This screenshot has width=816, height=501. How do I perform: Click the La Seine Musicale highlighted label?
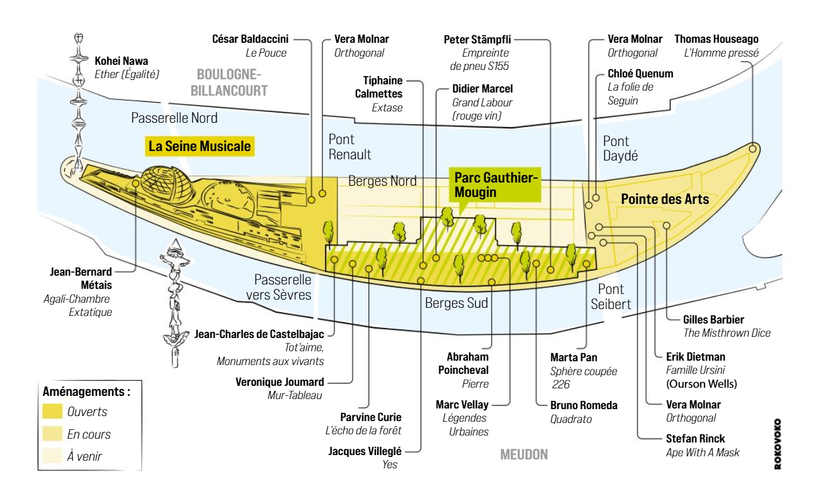coord(199,147)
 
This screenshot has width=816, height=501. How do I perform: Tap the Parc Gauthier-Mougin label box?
coord(496,184)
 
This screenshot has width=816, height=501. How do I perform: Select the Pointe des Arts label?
coord(665,200)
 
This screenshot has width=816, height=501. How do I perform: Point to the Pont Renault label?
coord(349,147)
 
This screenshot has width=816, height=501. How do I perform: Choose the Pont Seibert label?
coord(610,297)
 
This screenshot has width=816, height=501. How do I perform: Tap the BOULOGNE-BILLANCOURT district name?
coord(228,82)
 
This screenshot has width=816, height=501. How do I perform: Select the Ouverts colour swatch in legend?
coord(53,412)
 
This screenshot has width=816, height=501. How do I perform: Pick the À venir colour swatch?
coord(53,456)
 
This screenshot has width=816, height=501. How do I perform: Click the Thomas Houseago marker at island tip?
coord(753,149)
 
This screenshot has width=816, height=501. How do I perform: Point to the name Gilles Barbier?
coord(713,320)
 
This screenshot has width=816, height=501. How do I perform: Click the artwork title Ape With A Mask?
coord(703,453)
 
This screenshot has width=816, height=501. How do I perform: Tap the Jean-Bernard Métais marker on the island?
coord(136,183)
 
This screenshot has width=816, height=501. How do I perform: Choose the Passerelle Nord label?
coord(174,118)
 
